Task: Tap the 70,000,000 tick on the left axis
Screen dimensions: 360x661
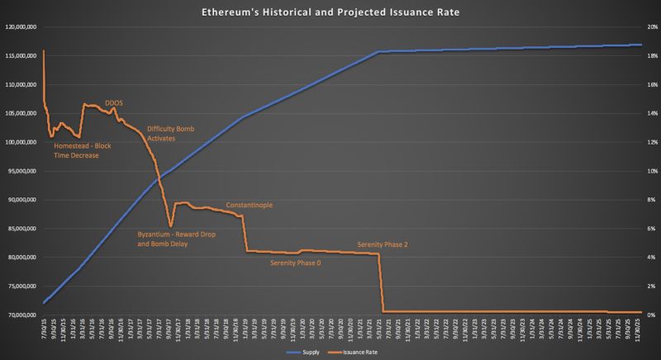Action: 21,315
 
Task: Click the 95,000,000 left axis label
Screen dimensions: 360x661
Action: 21,171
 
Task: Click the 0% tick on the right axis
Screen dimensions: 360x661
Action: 651,315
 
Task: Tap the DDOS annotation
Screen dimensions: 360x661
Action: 114,102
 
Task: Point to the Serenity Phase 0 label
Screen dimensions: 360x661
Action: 296,263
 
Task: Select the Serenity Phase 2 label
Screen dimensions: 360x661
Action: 383,244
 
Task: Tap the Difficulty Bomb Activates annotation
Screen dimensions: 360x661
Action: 172,134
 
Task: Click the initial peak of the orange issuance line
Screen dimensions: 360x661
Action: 44,51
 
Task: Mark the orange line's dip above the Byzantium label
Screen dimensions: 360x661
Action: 170,225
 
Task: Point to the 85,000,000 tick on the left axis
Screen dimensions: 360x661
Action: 21,229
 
